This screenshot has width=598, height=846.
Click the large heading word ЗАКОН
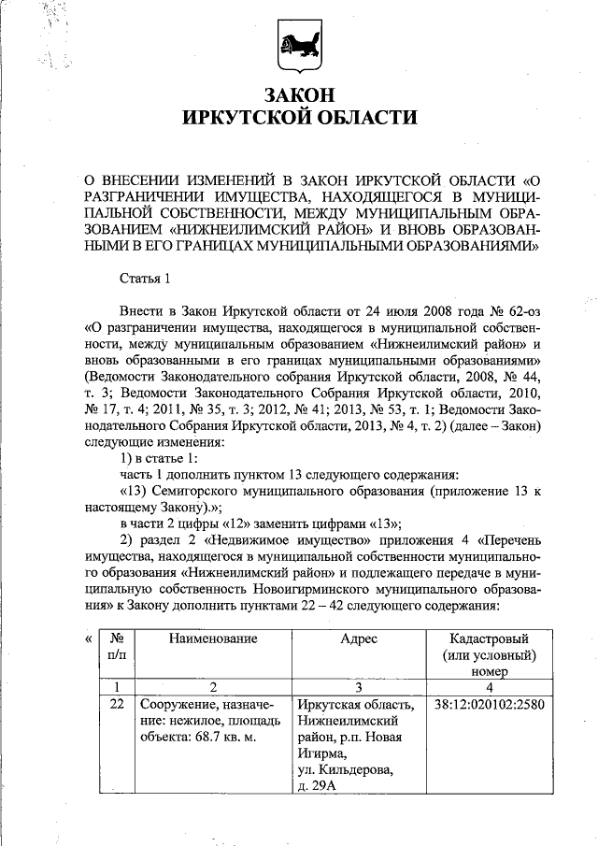299,95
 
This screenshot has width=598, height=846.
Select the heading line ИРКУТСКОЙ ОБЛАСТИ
299,118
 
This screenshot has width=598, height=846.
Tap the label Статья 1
146,279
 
